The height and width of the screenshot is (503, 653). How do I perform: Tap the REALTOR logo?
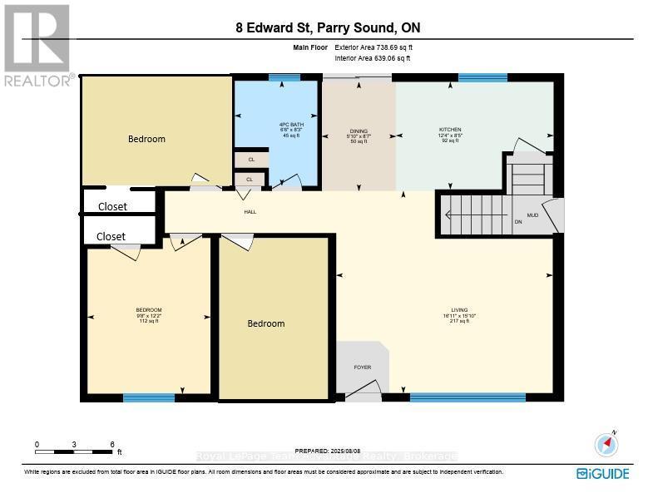coord(37,46)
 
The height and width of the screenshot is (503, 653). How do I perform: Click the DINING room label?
coord(359,131)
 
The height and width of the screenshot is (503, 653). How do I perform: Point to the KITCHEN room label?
coord(450,130)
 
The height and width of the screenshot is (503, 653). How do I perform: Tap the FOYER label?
coord(362,367)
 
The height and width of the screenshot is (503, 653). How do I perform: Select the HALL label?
coord(250,212)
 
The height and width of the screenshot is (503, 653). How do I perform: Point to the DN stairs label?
coord(518,222)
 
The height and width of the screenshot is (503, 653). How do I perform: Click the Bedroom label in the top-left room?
coord(146,139)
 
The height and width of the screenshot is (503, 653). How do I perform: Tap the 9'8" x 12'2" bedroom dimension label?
coord(150,315)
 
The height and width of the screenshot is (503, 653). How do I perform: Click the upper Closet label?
coord(113,206)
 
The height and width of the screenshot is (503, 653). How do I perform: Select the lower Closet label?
coord(111,236)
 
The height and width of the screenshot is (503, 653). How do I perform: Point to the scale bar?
coord(75,451)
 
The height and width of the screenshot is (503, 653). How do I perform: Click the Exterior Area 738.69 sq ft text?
coord(373,48)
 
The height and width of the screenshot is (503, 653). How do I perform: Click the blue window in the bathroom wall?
coord(284,77)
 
